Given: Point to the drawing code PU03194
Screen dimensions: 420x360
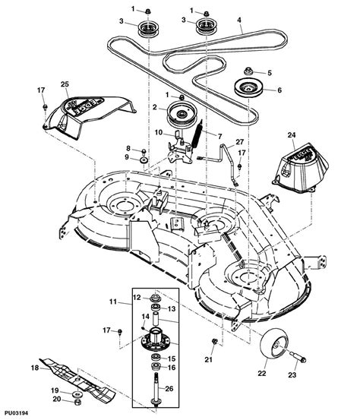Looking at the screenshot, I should tap(21, 413).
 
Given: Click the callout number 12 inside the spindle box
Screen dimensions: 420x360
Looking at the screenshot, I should tap(138, 296).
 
